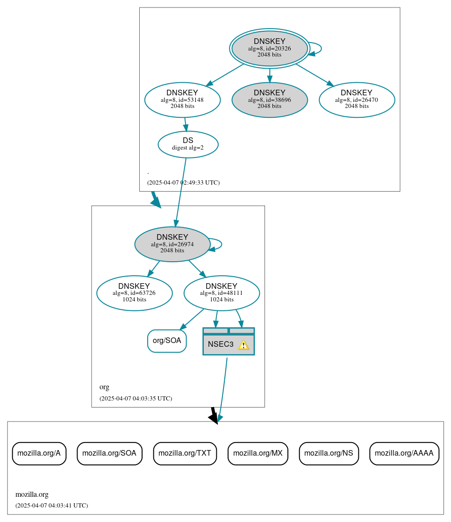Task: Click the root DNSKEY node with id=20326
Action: coord(269,48)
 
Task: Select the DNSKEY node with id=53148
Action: coord(182,99)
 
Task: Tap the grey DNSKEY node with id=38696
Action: coord(269,99)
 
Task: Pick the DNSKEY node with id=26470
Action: coord(357,99)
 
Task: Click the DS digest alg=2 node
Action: coord(188,144)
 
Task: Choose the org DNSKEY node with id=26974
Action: coord(172,243)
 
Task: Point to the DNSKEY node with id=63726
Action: coord(134,293)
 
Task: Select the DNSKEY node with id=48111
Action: coord(222,293)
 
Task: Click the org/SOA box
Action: coord(167,341)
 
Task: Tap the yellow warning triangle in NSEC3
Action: coord(243,345)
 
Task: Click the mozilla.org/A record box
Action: coord(39,453)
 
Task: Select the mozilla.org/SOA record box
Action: coord(109,453)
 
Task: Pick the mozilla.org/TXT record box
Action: coord(185,453)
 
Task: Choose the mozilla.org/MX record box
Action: coord(258,453)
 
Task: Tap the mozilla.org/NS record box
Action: coord(329,453)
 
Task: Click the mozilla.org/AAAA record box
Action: coord(404,453)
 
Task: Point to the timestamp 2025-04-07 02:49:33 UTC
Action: coord(183,182)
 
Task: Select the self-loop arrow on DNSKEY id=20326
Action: coord(320,48)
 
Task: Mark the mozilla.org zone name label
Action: coord(32,494)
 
